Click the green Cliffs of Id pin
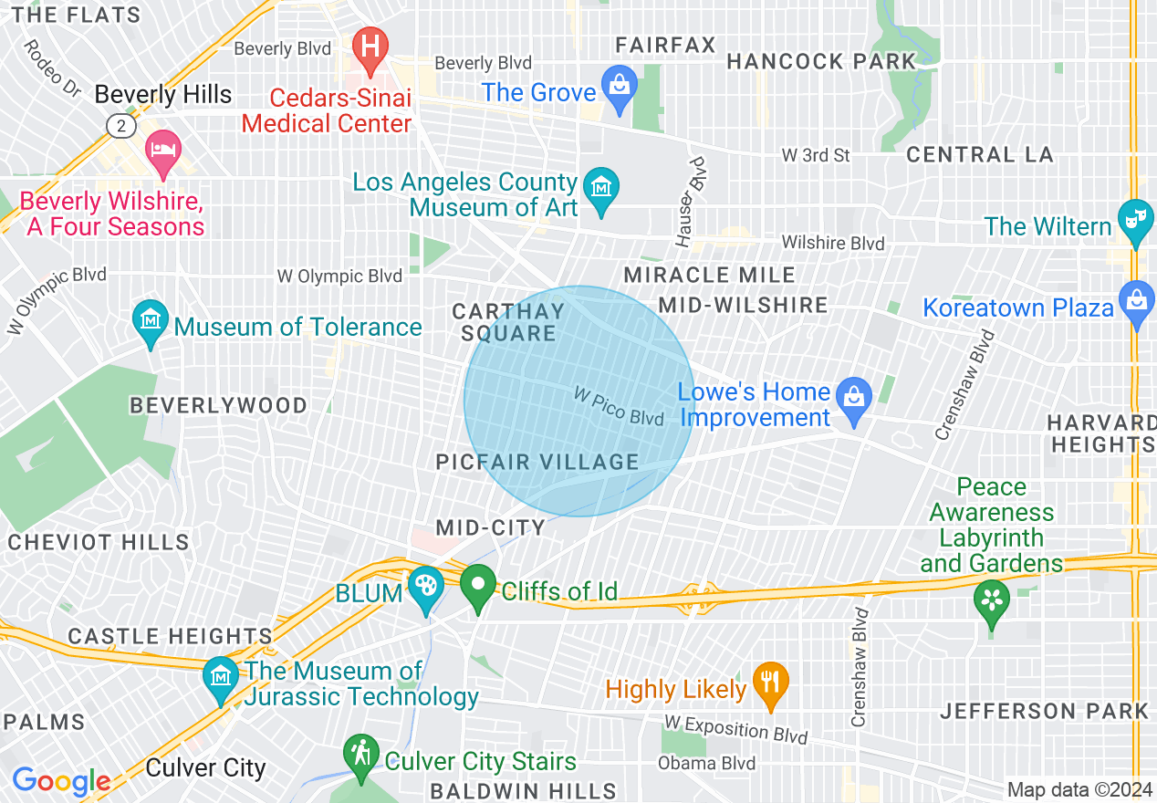pyautogui.click(x=477, y=587)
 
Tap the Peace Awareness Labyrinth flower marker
pyautogui.click(x=991, y=603)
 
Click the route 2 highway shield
pyautogui.click(x=121, y=126)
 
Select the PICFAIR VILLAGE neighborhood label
pyautogui.click(x=537, y=462)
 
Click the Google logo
pyautogui.click(x=61, y=781)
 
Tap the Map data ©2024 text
pyautogui.click(x=1078, y=789)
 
